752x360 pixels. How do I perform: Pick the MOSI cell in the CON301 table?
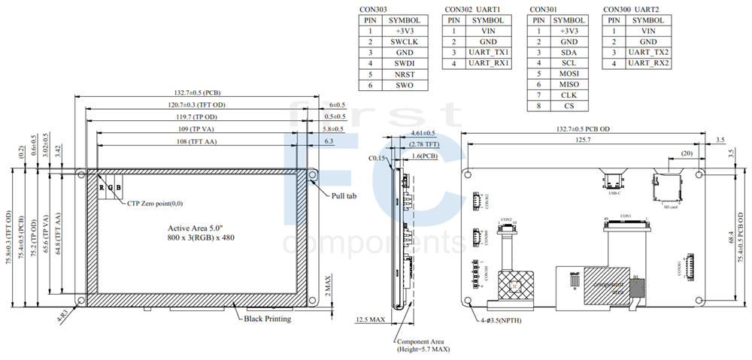(x=569, y=74)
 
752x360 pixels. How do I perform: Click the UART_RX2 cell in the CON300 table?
(x=648, y=64)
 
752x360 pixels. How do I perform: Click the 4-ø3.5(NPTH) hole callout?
(x=502, y=322)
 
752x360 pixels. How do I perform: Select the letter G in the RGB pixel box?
(x=109, y=187)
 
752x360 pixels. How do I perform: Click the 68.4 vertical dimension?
(x=730, y=237)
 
